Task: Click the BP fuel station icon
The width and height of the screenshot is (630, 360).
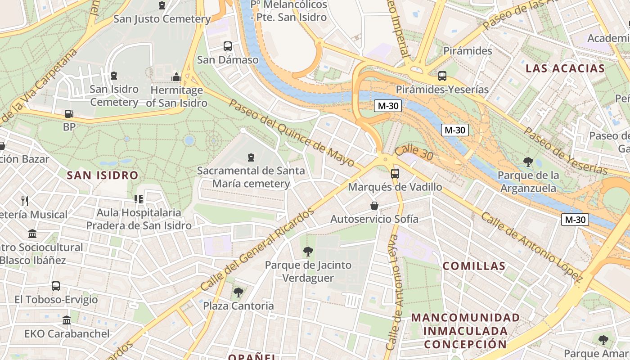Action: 68,114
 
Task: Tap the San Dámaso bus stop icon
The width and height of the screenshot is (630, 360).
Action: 228,46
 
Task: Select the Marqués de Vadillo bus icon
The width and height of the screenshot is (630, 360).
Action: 395,173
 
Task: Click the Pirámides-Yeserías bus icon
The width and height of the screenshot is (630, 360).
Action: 442,76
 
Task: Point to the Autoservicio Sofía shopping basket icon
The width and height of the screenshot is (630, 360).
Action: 374,206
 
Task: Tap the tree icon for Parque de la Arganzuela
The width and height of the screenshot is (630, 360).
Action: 528,162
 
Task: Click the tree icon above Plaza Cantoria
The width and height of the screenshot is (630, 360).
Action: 238,292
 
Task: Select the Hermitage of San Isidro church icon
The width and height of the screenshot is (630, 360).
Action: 176,77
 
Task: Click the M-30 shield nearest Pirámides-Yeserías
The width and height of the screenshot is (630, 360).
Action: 388,106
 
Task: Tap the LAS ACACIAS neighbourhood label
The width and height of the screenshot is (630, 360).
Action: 565,68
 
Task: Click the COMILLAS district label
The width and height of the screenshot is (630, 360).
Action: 474,265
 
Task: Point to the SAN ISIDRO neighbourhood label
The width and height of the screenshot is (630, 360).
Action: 103,175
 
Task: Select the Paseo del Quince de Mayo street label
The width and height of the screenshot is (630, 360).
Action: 292,133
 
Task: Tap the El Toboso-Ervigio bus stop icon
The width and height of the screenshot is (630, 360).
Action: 56,286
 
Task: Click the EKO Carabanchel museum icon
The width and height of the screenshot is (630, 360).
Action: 67,320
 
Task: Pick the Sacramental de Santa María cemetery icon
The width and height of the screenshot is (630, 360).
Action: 251,157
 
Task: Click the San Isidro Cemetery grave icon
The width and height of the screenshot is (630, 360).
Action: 114,76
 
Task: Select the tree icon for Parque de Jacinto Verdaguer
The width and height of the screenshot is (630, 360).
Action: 308,251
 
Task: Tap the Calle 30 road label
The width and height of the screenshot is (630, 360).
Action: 414,153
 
